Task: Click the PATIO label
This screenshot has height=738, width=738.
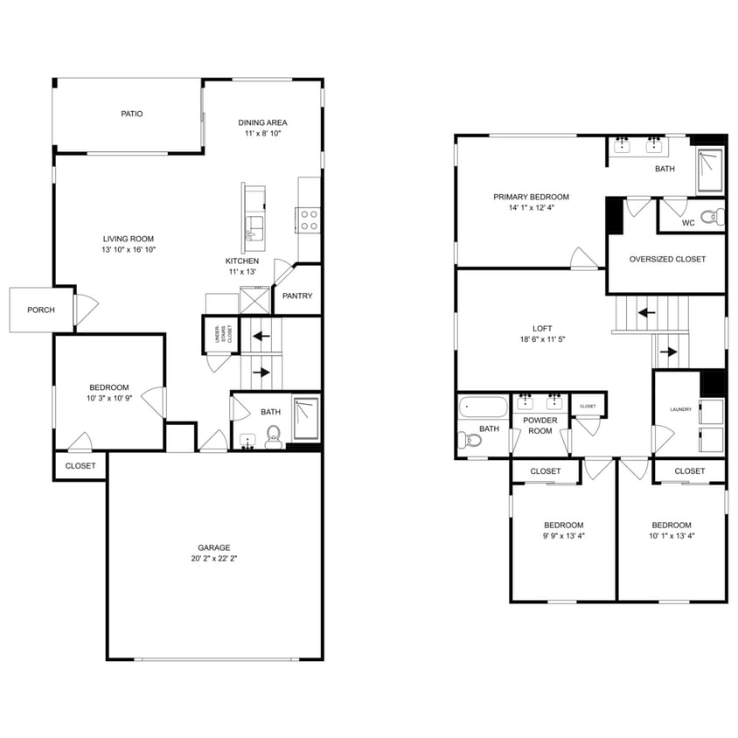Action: [x=132, y=114]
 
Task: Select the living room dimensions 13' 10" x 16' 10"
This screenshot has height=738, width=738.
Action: [x=129, y=250]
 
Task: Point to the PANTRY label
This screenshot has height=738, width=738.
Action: [x=297, y=296]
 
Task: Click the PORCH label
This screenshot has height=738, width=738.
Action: [x=40, y=310]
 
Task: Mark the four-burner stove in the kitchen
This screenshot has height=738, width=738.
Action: [x=310, y=219]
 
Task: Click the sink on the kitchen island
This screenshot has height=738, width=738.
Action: [x=254, y=228]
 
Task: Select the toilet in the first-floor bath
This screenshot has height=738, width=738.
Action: [x=273, y=435]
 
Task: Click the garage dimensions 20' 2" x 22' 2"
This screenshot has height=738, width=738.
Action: [x=214, y=559]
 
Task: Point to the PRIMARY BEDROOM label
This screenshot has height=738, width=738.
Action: [x=531, y=197]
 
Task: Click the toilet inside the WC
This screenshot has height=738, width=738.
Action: [x=714, y=215]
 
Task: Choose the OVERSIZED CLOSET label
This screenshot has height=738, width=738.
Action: [x=667, y=259]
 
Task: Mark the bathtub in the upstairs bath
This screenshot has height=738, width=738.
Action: [x=483, y=407]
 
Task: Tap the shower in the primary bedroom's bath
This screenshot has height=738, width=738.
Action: [x=710, y=171]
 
